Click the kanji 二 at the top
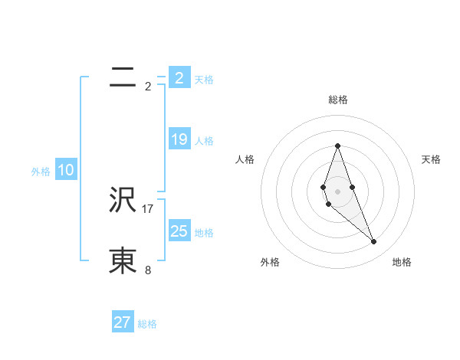123,77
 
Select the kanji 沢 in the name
123,200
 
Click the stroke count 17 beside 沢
148,208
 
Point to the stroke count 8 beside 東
148,270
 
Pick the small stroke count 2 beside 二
148,87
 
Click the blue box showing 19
179,139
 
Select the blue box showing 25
179,231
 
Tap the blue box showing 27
123,322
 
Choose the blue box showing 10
66,170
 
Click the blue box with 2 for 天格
179,78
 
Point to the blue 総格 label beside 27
147,324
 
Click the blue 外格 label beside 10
41,172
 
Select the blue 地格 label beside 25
204,233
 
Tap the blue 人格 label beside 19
204,141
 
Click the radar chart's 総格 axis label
337,100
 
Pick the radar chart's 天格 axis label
432,159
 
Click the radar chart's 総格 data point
337,146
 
